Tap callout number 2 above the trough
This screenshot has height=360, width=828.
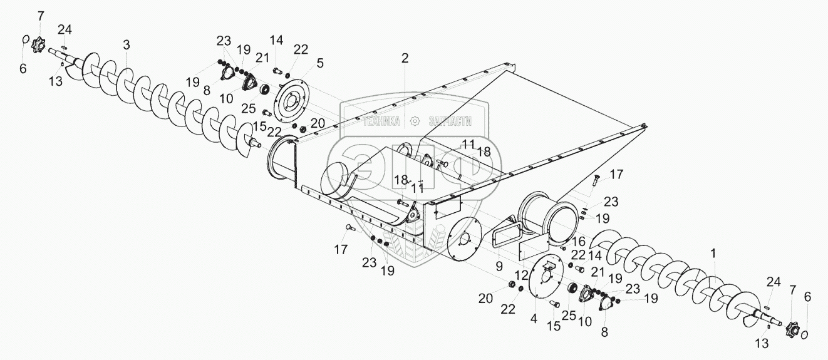point(405,58)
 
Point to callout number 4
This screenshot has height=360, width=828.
point(533,318)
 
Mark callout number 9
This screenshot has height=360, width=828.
point(499,265)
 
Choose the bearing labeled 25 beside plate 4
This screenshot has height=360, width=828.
point(571,289)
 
